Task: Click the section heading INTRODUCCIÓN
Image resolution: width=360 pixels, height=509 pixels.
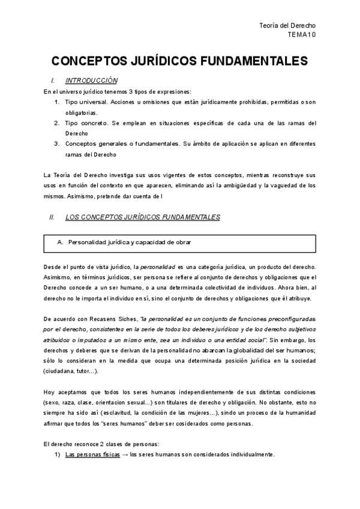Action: (91, 80)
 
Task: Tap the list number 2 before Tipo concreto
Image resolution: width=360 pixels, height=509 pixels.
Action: (56, 123)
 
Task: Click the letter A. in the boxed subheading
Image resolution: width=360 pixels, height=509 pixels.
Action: (59, 242)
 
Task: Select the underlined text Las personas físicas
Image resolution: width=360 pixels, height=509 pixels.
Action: (88, 454)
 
